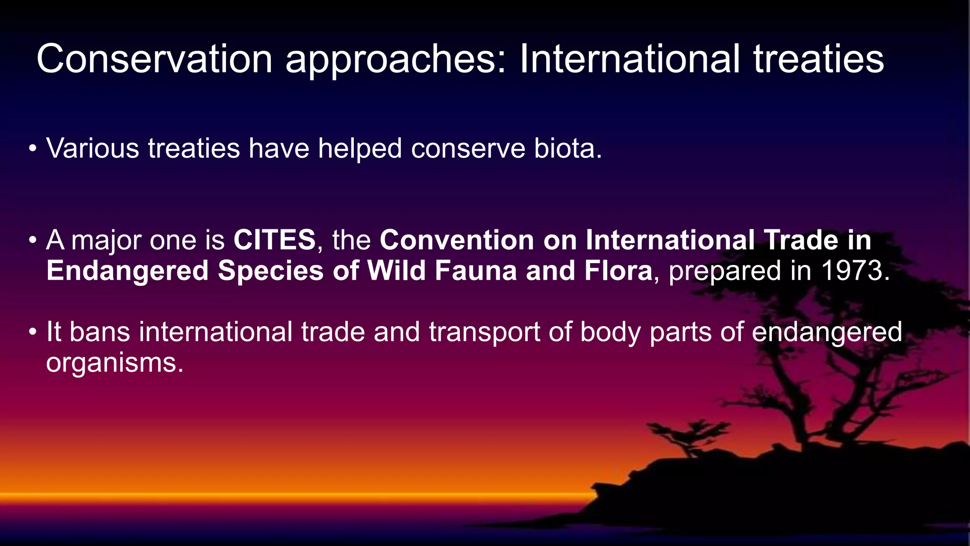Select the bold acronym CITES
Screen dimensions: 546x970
pyautogui.click(x=274, y=240)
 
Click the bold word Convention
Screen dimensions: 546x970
pyautogui.click(x=457, y=240)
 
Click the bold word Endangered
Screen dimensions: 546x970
pyautogui.click(x=127, y=271)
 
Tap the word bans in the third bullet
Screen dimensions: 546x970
pyautogui.click(x=100, y=332)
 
